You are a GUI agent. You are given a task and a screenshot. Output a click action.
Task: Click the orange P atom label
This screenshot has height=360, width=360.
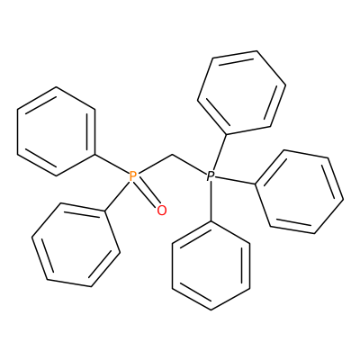click(133, 176)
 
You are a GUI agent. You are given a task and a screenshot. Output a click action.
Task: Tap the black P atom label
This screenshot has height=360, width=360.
click(211, 176)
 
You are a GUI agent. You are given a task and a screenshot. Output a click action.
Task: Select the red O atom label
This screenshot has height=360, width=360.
click(162, 211)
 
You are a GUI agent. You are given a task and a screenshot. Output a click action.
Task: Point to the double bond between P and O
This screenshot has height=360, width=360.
click(148, 194)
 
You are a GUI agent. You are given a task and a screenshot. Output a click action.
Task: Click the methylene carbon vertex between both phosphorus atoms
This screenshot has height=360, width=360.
click(173, 155)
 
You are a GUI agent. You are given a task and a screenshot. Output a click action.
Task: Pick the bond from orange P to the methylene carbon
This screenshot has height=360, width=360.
click(155, 165)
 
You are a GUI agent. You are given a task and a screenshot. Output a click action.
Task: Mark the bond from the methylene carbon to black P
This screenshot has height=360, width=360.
click(190, 165)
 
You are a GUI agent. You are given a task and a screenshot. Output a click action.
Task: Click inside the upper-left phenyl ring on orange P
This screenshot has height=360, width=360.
click(57, 131)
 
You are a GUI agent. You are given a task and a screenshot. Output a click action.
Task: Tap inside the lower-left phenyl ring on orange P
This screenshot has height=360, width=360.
click(76, 245)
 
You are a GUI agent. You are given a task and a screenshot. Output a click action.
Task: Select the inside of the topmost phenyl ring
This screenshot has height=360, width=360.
click(241, 93)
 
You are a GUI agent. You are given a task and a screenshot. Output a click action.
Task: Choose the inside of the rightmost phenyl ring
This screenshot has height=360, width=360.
click(299, 192)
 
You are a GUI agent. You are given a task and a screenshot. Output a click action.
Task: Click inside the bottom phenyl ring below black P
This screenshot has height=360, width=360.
click(211, 265)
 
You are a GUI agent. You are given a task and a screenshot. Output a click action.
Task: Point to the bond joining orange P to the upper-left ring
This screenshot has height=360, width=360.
click(112, 164)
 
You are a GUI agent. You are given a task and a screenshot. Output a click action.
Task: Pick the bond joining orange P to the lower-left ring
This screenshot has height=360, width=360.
click(117, 196)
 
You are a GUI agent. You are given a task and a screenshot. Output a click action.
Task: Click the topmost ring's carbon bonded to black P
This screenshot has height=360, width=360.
click(227, 134)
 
